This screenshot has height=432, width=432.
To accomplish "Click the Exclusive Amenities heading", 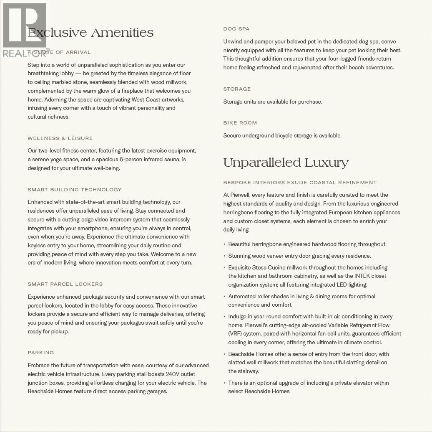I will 90,33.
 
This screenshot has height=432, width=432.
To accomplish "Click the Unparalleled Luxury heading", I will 286,163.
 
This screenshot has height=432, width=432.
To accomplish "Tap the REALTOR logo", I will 25,30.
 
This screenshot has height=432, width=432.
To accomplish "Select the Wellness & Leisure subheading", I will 60,138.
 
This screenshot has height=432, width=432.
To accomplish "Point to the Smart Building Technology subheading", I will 74,190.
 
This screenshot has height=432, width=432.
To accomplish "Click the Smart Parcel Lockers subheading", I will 65,284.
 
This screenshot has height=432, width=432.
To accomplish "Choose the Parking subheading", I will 41,353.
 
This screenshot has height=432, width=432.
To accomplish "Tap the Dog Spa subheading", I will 236,29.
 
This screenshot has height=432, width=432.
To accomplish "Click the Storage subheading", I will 237,89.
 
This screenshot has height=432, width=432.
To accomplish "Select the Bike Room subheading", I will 240,123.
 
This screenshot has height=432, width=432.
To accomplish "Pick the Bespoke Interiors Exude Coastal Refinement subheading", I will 300,183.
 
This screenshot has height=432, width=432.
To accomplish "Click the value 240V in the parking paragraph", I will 174,374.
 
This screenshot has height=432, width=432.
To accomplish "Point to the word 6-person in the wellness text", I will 131,159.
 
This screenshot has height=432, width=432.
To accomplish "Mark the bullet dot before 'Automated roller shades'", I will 224,297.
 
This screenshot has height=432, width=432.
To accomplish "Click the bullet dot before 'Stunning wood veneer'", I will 224,256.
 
